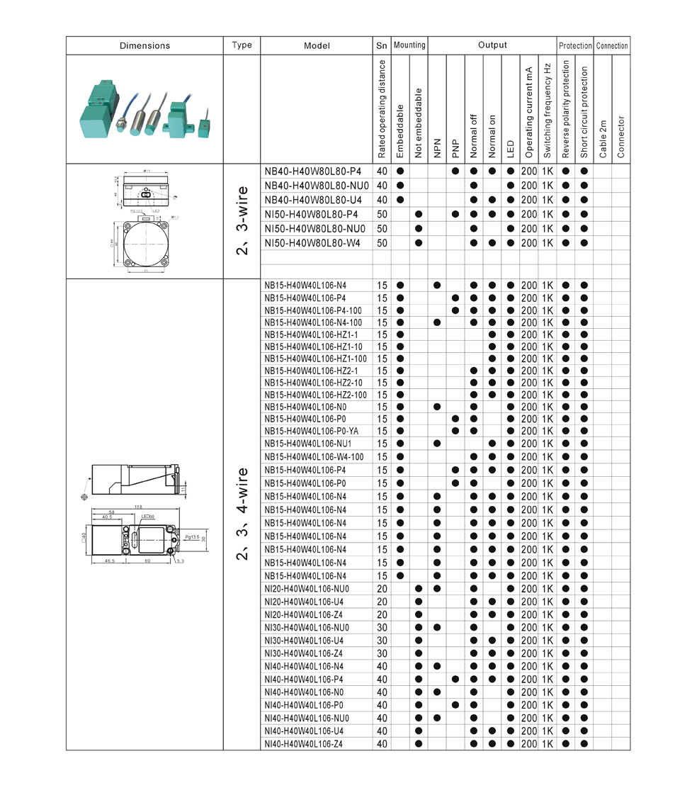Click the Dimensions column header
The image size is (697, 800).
tap(144, 45)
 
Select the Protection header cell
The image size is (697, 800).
tap(575, 45)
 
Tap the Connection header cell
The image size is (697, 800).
tap(612, 45)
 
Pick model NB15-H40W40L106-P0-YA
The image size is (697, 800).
tap(311, 431)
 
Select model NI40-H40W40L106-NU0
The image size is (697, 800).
tap(306, 718)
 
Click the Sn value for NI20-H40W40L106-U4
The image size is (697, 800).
tap(382, 602)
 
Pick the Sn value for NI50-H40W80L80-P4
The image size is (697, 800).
tap(382, 214)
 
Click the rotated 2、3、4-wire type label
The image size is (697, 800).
tap(242, 513)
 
